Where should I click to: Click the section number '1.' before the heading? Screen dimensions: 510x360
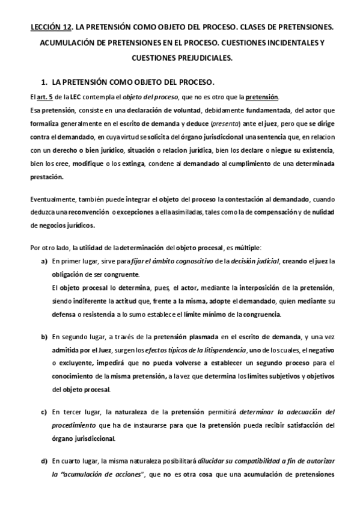[x=43, y=80]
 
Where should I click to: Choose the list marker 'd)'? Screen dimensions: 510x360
[x=44, y=461]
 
